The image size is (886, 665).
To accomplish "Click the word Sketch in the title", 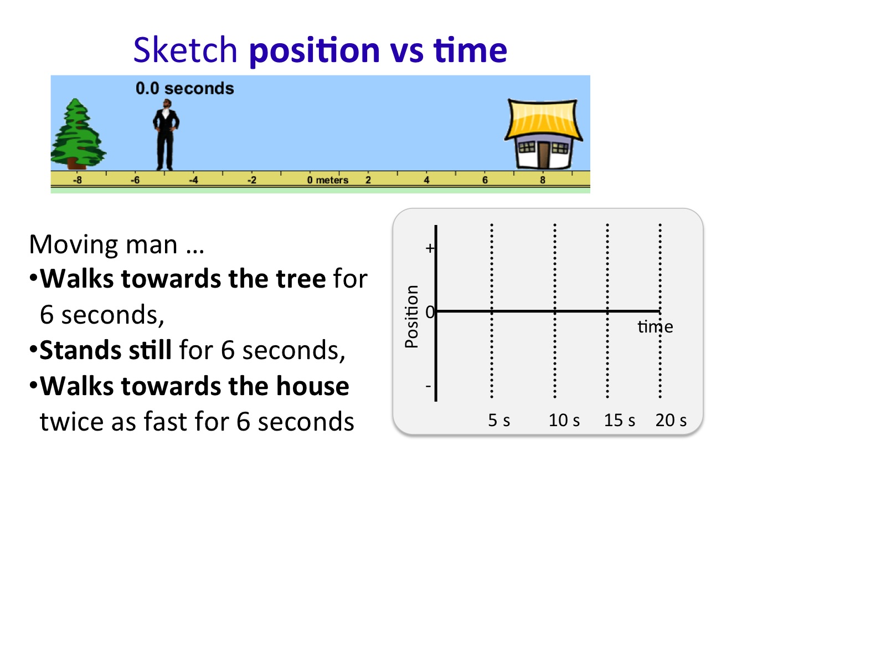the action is [x=186, y=50].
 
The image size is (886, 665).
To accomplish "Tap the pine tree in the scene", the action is [x=78, y=134].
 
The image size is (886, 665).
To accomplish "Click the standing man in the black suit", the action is [x=166, y=135].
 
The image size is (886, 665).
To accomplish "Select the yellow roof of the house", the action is [x=543, y=120].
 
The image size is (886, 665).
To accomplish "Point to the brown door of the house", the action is [x=543, y=155].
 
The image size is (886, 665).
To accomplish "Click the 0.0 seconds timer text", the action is [x=184, y=89].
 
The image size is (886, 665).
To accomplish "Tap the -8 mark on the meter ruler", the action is [x=77, y=180].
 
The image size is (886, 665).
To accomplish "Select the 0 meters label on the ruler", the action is [x=327, y=180].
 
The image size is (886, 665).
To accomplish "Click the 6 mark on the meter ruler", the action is [x=485, y=180].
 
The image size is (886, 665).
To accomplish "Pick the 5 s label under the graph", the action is [x=499, y=420].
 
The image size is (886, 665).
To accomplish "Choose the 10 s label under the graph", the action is [x=564, y=420].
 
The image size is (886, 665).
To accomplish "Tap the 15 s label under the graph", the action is [x=619, y=420].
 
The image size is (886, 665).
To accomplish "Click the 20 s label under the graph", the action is [x=671, y=420].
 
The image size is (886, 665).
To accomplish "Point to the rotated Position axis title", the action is [x=412, y=316].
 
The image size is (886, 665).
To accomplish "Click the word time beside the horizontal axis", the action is [x=655, y=326].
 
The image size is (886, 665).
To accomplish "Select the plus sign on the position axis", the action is [x=430, y=248].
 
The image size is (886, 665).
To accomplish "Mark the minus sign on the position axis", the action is [x=428, y=386].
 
